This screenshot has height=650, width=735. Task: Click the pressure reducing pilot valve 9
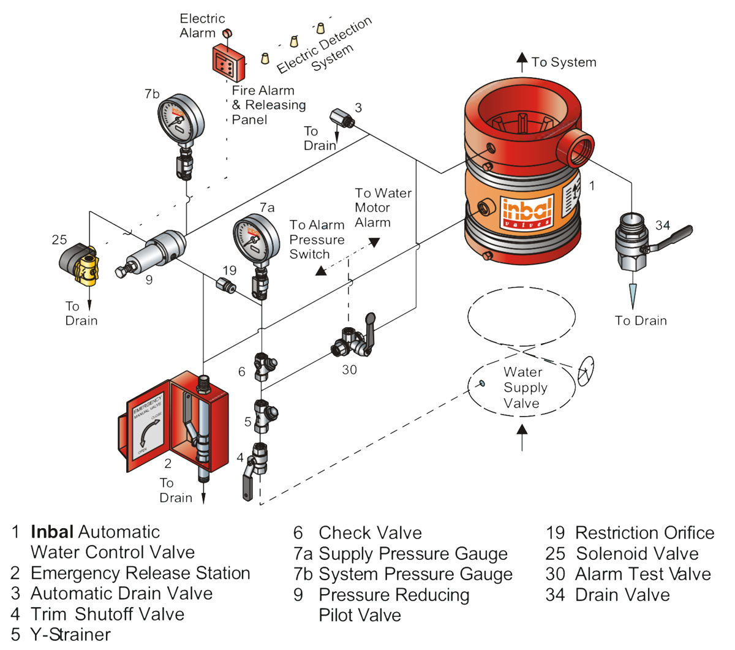[x=156, y=251]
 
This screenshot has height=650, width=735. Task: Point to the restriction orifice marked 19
[x=226, y=285]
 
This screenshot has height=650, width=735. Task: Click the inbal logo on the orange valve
[x=527, y=212]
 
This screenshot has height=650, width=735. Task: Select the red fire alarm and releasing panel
[x=228, y=63]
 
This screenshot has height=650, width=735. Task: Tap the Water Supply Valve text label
[x=524, y=388]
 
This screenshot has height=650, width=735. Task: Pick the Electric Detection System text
[x=325, y=46]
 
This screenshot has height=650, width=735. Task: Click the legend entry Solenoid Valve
[x=636, y=554]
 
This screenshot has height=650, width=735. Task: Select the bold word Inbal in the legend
[x=52, y=532]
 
